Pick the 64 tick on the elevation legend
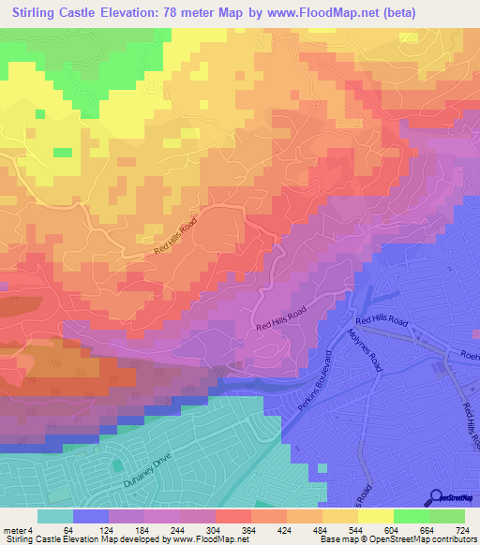[68, 529]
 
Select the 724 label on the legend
[462, 529]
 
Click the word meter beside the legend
[15, 529]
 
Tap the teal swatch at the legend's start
[54, 516]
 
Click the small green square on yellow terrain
[62, 152]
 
